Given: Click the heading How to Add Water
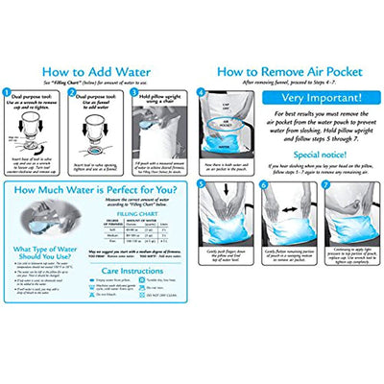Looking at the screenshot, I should [96, 71].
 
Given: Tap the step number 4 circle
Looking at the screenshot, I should [201, 93].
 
